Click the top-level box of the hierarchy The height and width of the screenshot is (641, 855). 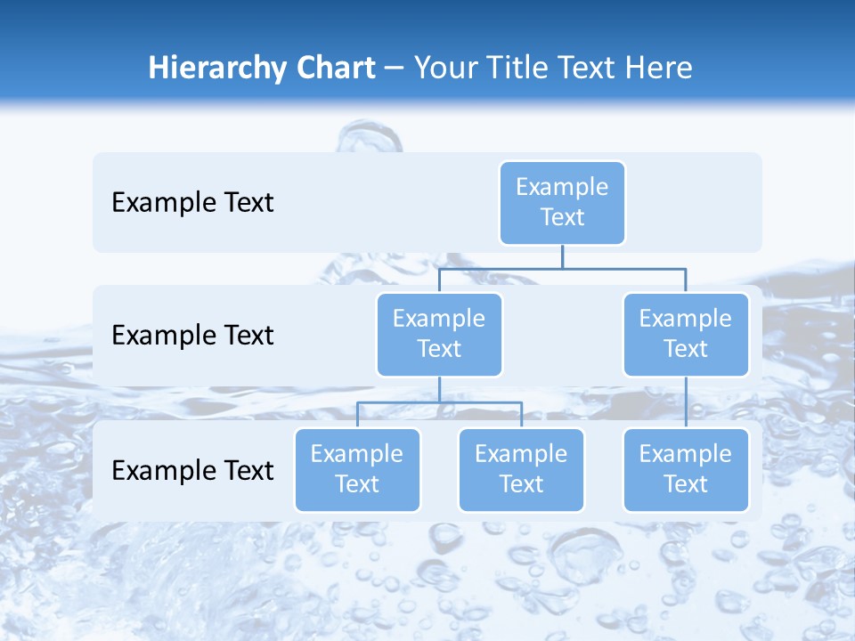point(562,202)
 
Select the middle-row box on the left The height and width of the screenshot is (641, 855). point(439,334)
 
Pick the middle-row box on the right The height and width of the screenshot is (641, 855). point(686,334)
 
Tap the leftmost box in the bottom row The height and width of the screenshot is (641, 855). point(357,469)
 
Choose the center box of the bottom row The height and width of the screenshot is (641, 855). point(521,469)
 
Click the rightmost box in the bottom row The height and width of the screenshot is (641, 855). point(686,469)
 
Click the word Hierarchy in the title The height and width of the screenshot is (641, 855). point(216,69)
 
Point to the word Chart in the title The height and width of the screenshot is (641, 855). point(333,68)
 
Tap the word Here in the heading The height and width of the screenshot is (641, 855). point(660,68)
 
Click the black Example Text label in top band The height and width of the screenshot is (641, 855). point(192,202)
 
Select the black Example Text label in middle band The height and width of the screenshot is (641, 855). point(192,335)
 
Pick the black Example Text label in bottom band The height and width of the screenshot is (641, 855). point(192,470)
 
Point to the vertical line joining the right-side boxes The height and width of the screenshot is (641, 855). point(686,402)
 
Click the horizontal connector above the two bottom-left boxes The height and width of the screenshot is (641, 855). point(439,402)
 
